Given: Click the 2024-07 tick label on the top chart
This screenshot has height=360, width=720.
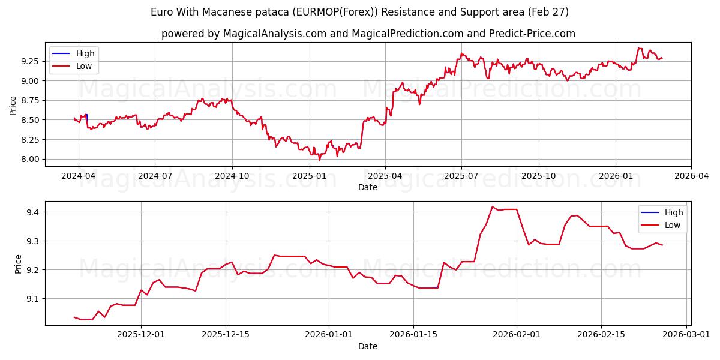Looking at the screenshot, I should [155, 176].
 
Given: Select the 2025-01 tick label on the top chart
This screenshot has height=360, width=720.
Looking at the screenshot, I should [309, 176].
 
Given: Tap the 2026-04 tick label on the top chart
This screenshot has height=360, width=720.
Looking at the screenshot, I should [691, 176].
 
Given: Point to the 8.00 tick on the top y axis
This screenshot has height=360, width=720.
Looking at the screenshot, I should [31, 159].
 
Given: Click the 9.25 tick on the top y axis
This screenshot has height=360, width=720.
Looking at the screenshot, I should [31, 61].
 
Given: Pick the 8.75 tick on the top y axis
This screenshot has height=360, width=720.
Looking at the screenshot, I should [31, 100].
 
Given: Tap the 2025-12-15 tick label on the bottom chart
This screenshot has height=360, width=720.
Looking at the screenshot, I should [226, 335].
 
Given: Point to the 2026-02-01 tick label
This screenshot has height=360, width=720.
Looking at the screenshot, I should [517, 335].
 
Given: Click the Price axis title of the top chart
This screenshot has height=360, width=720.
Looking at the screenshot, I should [13, 105].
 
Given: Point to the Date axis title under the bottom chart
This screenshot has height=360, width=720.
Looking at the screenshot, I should [368, 346].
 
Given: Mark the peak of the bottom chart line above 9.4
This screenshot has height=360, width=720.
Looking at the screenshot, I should [492, 207].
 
